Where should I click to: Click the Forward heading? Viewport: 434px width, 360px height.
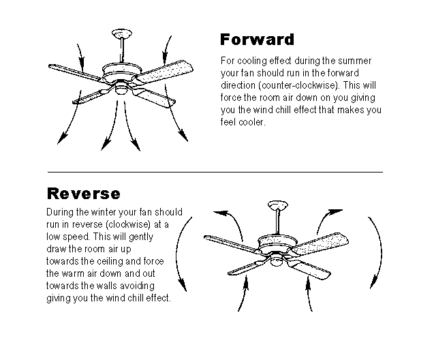tap(257, 38)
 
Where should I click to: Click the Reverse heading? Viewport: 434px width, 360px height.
tap(83, 193)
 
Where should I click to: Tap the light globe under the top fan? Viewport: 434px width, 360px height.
tap(122, 86)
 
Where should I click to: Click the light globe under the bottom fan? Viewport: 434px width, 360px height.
tap(278, 258)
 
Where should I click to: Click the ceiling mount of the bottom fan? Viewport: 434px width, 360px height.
tap(277, 204)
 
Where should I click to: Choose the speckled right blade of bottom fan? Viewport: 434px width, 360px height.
tap(324, 241)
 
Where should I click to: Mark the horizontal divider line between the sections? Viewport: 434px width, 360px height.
tap(215, 172)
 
